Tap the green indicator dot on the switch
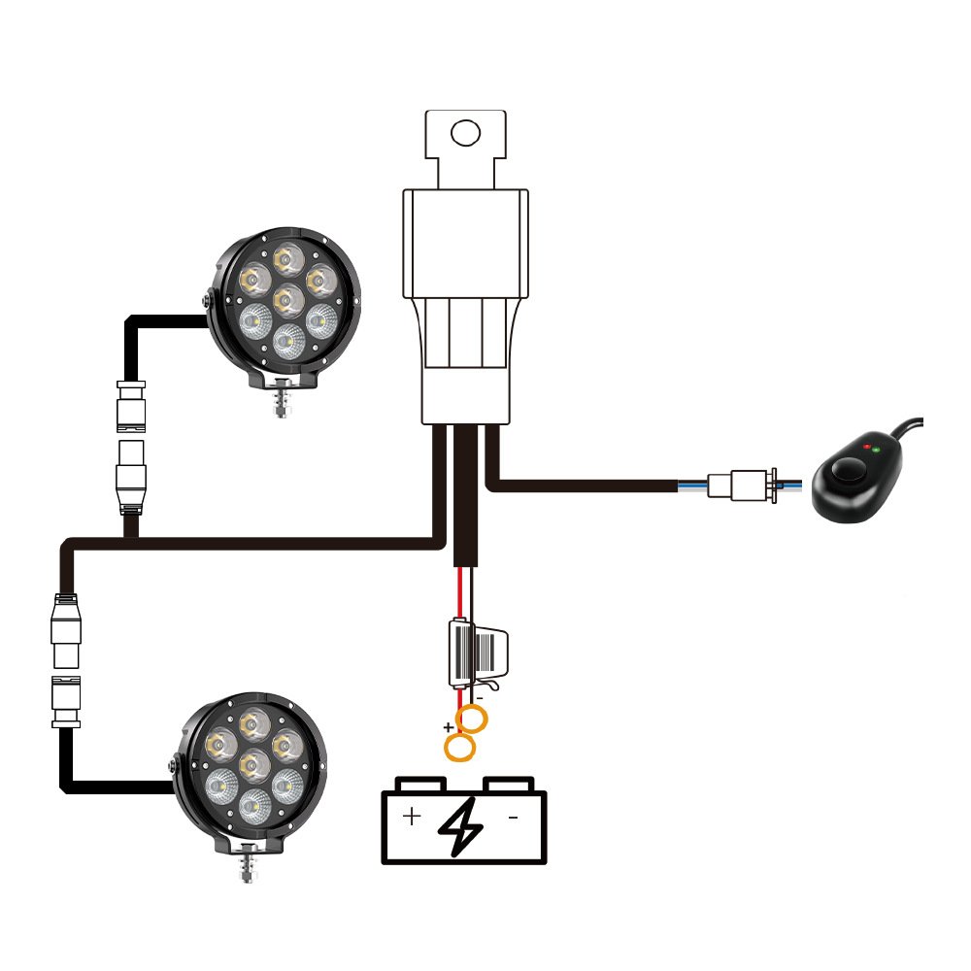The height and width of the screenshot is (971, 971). coord(877,450)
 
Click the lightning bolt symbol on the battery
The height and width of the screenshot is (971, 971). coord(461,826)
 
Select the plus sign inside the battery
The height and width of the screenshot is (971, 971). coord(412,816)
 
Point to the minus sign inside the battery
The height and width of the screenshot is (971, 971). coord(513,818)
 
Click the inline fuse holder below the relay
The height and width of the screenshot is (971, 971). coord(475,652)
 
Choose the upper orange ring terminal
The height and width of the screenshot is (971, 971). coord(473,720)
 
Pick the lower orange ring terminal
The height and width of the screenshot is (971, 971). coord(459,747)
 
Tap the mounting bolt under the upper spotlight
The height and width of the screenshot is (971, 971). coord(282,401)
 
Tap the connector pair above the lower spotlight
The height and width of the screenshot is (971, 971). coord(66,660)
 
